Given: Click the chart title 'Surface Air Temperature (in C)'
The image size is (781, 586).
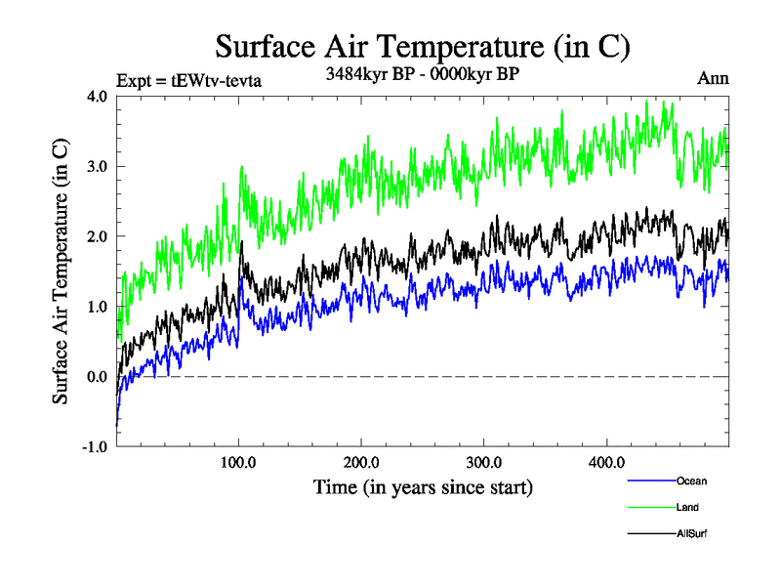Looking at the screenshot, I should coord(422,46).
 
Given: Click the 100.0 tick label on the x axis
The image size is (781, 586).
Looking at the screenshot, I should coord(239,462).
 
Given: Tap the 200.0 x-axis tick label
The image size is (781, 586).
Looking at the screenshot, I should coord(361,462).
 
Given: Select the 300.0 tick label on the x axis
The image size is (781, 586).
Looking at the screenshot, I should coord(484,462).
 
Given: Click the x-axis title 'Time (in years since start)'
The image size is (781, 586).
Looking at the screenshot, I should coord(423,485).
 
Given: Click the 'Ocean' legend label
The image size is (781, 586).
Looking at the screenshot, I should coord(690,481).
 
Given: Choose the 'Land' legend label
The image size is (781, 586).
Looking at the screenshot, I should coord(686,507).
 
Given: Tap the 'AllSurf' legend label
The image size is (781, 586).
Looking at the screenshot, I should coord(690,533).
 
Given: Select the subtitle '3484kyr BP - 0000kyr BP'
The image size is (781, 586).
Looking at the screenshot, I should coord(421,74).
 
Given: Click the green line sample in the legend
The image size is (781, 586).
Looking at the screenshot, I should coord(649,507).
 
